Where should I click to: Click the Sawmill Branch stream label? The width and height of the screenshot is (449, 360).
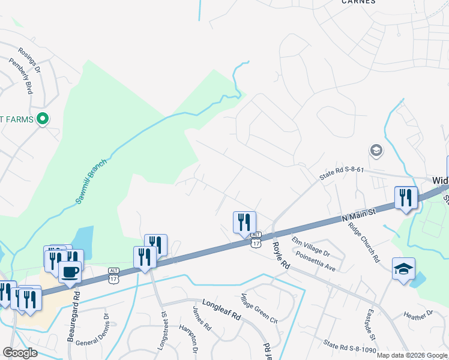click(91, 181)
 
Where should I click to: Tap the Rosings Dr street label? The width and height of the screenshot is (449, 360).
click(29, 60)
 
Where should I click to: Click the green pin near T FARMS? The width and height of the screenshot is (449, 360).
click(42, 119)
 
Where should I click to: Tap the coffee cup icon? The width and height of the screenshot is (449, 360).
click(70, 272)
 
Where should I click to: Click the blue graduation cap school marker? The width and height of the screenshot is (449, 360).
click(403, 268)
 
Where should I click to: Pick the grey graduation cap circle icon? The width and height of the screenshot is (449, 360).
click(376, 150)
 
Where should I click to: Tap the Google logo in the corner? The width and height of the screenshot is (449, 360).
click(20, 353)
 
